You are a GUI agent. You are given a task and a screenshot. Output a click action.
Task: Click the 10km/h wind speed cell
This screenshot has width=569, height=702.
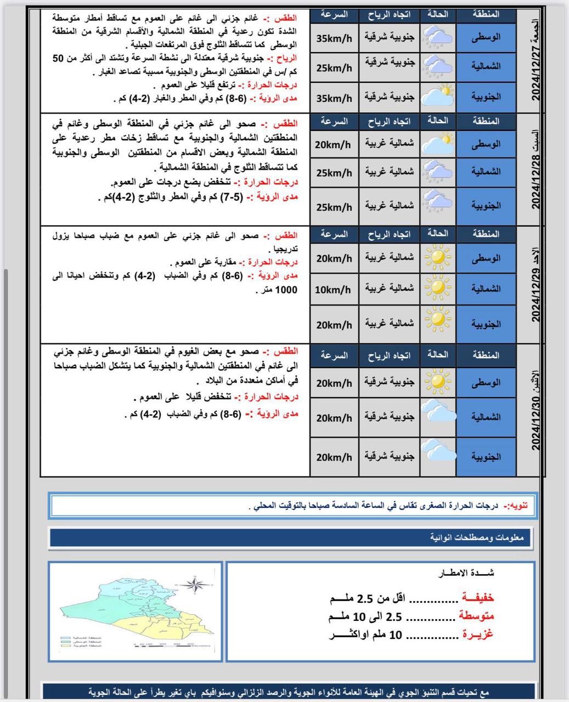point(333,289)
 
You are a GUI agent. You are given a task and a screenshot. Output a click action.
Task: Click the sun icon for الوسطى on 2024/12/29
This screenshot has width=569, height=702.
point(438,257)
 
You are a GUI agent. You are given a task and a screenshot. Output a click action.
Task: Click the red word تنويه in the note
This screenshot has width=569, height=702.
point(516,505)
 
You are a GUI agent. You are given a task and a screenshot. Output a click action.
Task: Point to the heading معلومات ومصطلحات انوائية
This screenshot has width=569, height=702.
point(477,538)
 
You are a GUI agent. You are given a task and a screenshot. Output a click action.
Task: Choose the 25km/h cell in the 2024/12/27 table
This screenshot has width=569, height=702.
point(334,67)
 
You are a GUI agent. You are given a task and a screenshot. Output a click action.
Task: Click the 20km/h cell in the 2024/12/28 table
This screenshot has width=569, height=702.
point(333,144)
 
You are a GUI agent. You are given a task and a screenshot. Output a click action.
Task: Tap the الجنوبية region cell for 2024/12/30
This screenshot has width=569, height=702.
point(486,456)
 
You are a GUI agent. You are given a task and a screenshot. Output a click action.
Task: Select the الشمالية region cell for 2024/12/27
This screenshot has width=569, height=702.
point(486,66)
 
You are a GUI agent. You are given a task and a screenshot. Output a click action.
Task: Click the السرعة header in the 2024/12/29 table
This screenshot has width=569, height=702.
point(334,234)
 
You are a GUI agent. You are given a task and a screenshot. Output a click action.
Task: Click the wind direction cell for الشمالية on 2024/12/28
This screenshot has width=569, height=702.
point(390,172)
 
